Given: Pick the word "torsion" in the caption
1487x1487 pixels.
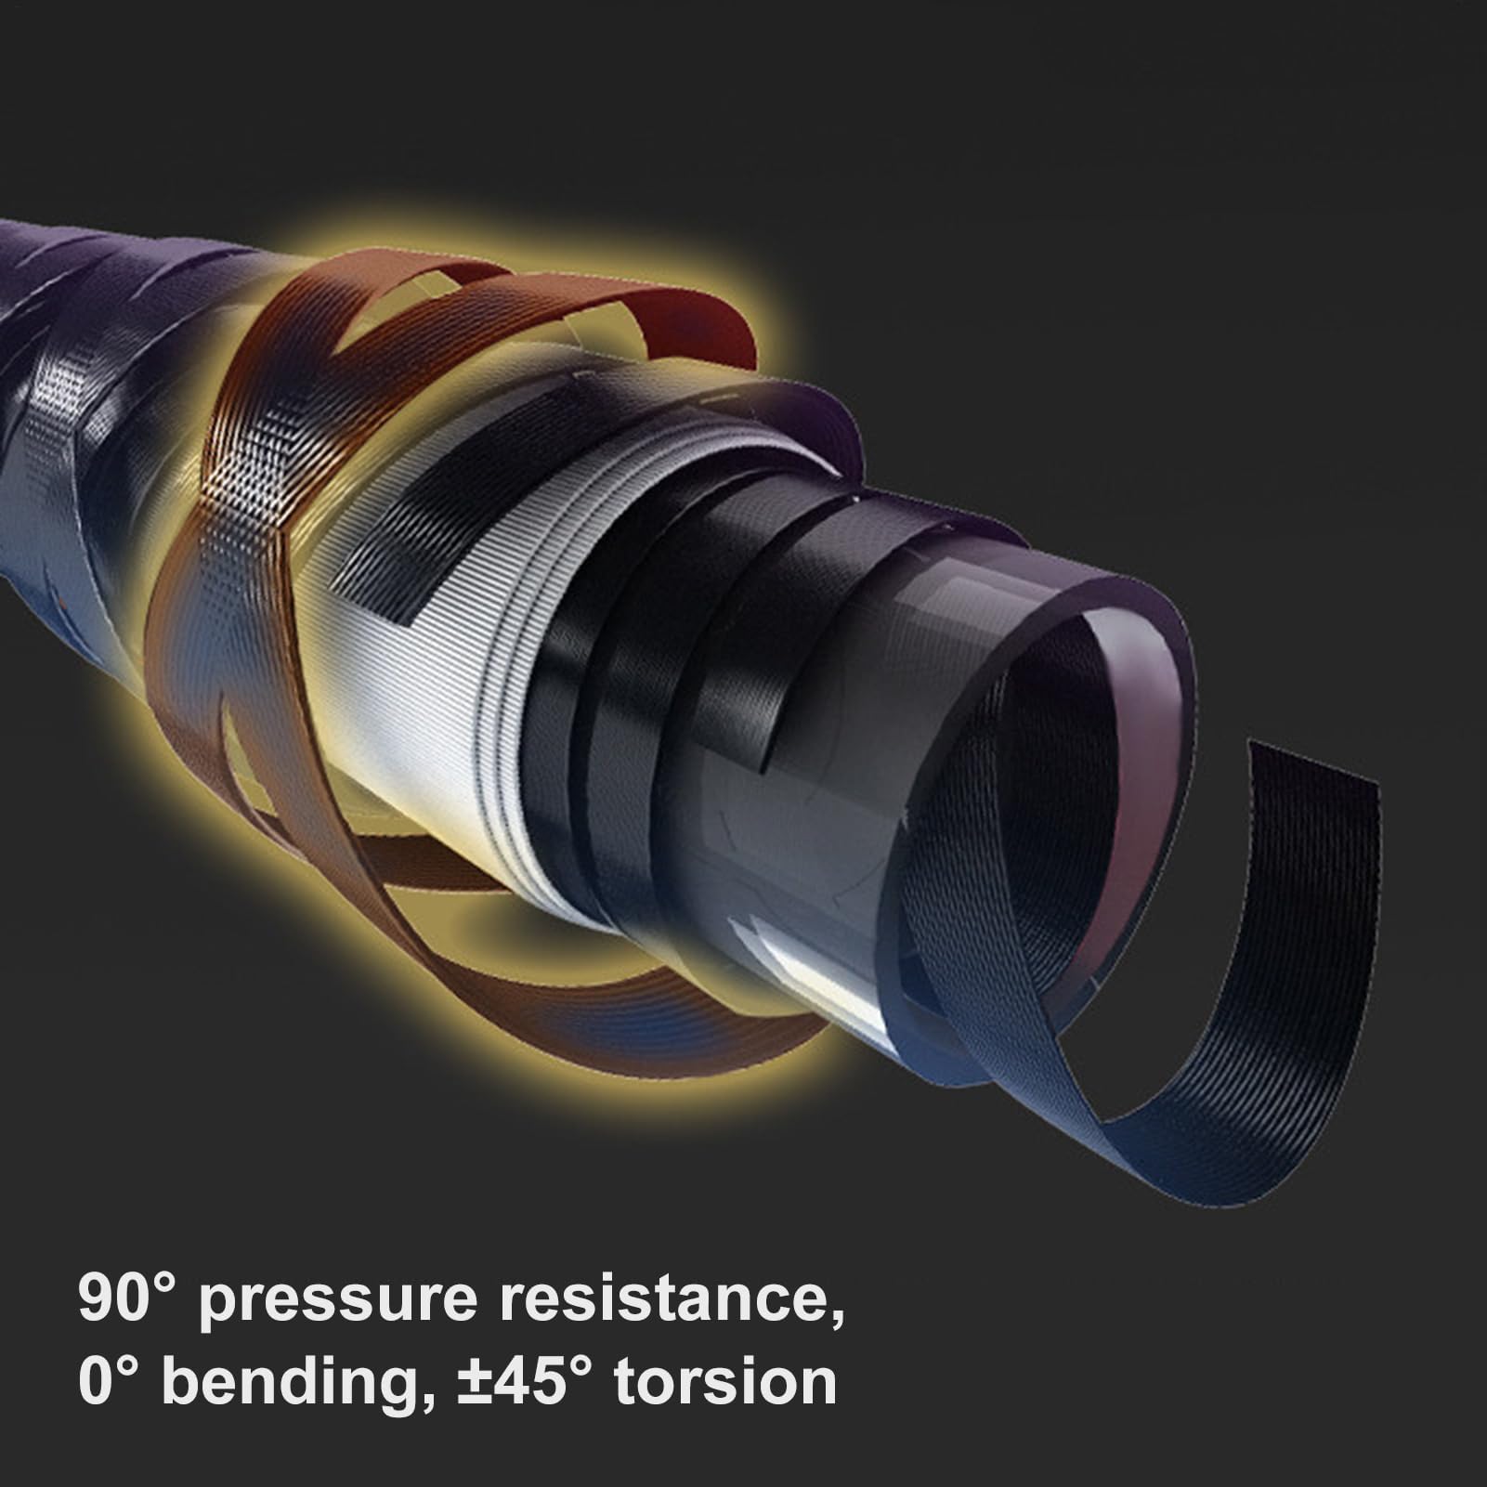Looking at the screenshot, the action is click(x=725, y=1385).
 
